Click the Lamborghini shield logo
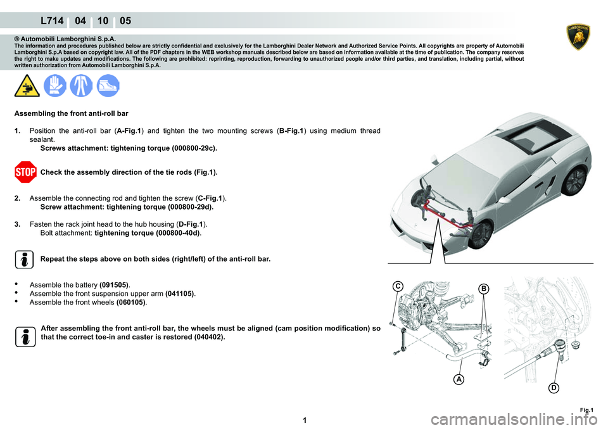(578, 37)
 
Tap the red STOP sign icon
(25, 172)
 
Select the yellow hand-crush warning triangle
(27, 85)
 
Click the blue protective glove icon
(54, 85)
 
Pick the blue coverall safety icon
(81, 85)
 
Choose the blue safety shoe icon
(108, 85)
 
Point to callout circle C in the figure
(398, 286)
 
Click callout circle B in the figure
(484, 289)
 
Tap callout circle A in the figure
(459, 379)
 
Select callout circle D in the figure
(554, 388)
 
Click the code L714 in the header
(52, 20)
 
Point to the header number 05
(125, 20)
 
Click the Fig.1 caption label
(586, 410)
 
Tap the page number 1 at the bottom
(305, 421)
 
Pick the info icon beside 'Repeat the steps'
(25, 260)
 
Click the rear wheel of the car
(574, 180)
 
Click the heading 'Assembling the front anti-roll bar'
(72, 113)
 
